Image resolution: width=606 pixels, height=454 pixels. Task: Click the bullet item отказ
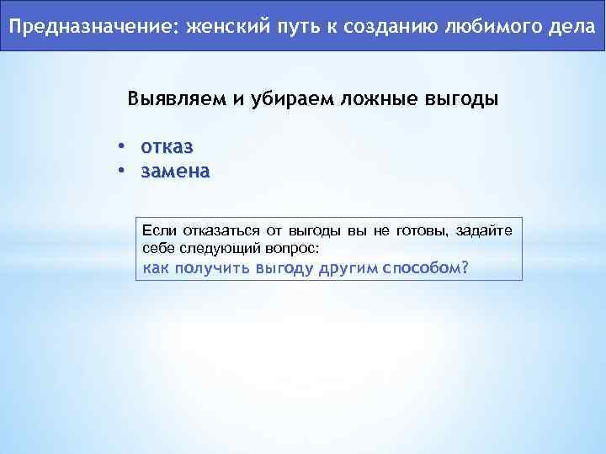pos(167,147)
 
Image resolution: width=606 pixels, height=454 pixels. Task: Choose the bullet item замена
pos(176,172)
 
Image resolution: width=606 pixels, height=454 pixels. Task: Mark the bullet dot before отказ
pos(121,147)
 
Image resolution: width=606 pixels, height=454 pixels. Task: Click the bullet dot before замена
pos(121,172)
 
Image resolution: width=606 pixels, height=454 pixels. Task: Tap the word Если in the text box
pos(157,230)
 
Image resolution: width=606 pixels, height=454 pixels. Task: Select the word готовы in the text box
pos(419,230)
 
